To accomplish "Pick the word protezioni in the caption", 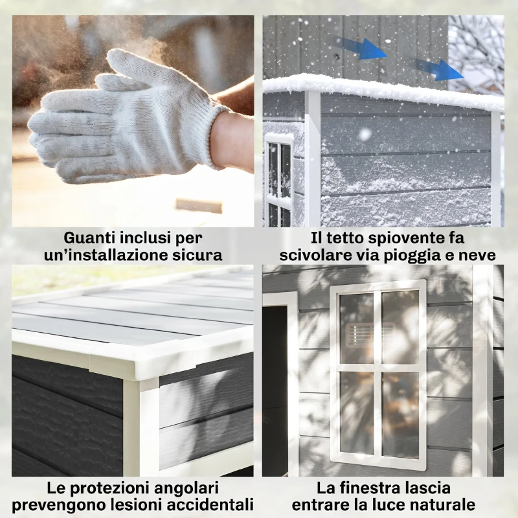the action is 113,488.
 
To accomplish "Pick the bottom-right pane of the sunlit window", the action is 400,414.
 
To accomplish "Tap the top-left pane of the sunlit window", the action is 357,329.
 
